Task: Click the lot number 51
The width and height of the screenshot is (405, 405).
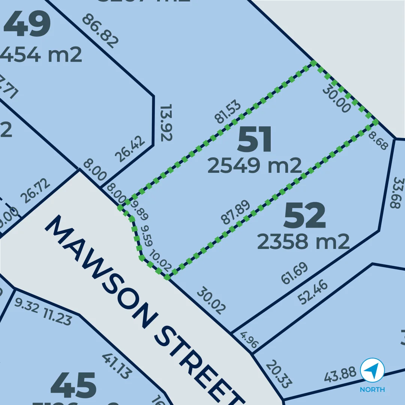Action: point(255,139)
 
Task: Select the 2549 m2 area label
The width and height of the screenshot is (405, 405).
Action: point(255,165)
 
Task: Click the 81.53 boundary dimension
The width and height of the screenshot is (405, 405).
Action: point(227,112)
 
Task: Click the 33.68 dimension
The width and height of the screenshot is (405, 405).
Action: point(396,193)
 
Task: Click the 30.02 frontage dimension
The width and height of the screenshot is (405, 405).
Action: point(211,300)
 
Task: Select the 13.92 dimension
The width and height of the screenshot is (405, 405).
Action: point(166,123)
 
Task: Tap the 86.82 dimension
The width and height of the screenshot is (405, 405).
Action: point(100,31)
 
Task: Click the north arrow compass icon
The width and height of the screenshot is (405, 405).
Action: point(372,370)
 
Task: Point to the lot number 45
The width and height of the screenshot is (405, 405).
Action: point(73,385)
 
